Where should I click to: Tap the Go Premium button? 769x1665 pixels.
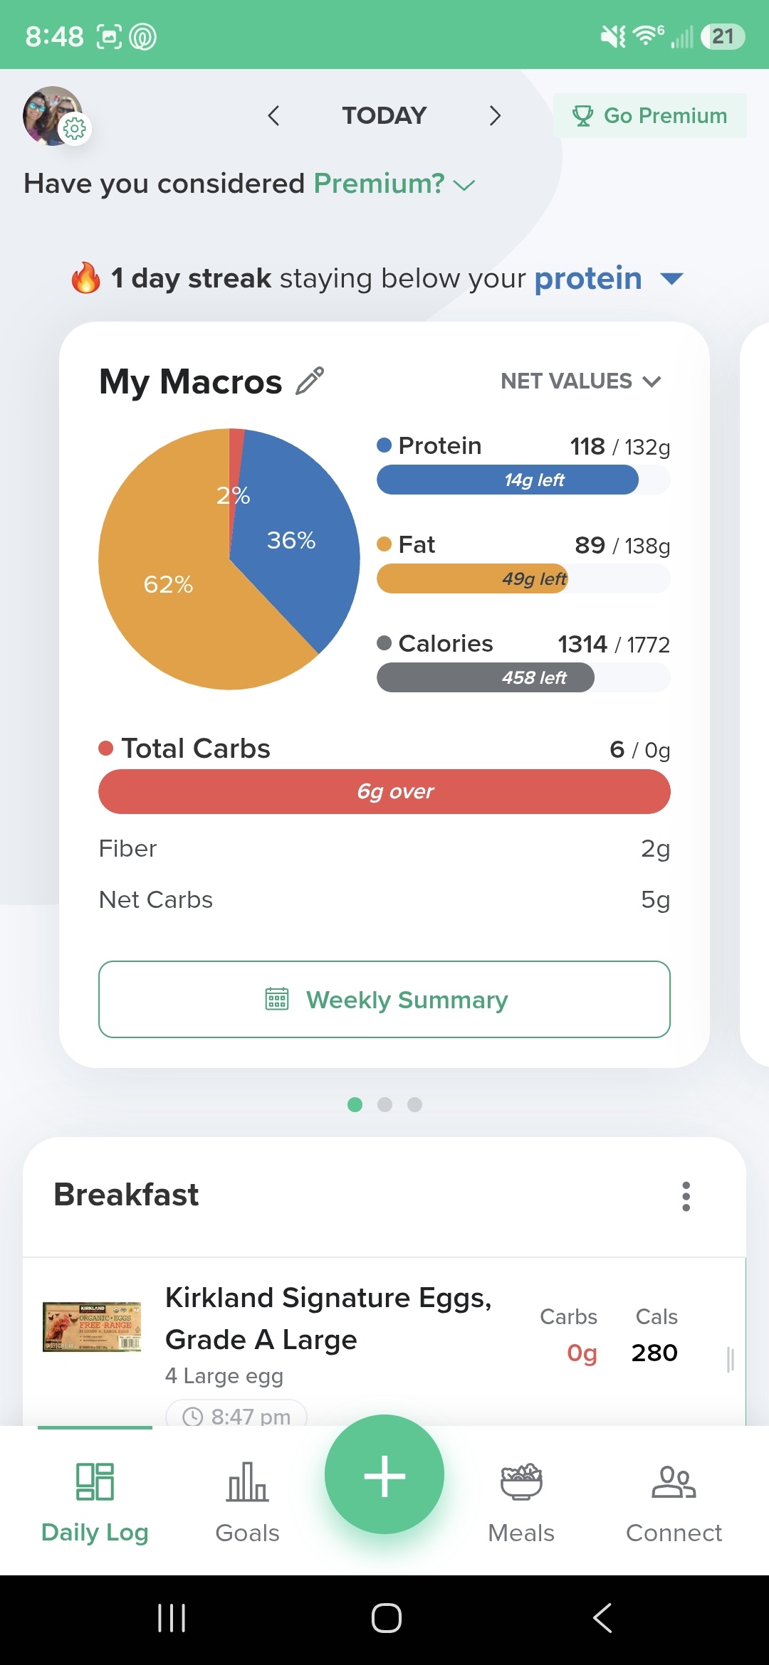point(649,115)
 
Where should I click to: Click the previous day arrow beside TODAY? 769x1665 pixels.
point(273,115)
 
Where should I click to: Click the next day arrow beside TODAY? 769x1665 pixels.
point(495,115)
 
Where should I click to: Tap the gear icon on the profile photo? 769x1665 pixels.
point(75,129)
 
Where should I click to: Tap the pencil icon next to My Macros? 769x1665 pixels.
point(310,381)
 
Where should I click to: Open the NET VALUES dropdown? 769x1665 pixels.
point(581,381)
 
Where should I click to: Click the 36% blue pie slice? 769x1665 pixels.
point(299,541)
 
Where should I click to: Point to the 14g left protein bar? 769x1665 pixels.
point(508,480)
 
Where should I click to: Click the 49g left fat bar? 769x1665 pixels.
point(472,578)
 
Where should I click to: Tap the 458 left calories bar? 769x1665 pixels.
point(486,677)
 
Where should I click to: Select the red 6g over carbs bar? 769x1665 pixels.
point(384,791)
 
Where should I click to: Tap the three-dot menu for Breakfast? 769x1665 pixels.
point(686,1196)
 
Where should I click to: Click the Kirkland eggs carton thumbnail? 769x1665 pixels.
point(92,1327)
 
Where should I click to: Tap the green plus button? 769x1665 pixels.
point(384,1474)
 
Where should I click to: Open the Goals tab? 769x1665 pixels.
point(247,1501)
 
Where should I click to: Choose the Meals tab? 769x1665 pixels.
point(521,1501)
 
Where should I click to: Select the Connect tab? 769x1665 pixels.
point(674,1501)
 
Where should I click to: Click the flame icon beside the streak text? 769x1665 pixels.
point(85,277)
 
